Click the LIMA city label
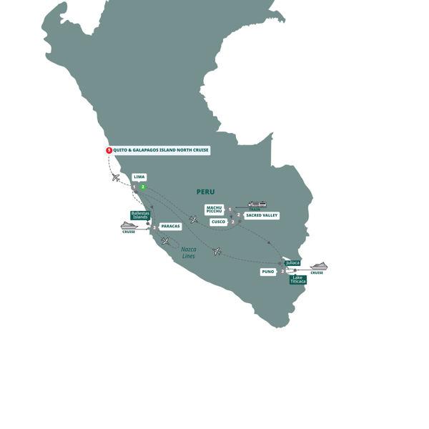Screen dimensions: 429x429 (139, 177)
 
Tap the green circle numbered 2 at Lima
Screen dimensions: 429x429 (143, 187)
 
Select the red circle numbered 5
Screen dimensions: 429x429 (109, 150)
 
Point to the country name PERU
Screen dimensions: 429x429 (205, 192)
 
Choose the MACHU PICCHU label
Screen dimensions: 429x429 (214, 209)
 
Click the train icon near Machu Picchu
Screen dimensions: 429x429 (256, 204)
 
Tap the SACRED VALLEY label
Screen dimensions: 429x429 (261, 215)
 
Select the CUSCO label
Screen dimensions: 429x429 (218, 222)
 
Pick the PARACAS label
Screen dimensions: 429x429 (170, 226)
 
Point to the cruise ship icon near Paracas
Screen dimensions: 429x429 (129, 225)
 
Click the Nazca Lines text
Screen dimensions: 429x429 (189, 252)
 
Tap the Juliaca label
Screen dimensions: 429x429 (292, 263)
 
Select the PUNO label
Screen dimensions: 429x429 (268, 272)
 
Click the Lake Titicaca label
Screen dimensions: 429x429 (298, 280)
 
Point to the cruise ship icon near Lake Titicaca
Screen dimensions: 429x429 (318, 266)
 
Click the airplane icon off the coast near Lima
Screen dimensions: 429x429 (116, 177)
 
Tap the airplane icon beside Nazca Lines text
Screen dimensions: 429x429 (166, 241)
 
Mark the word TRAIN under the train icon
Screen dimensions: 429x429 (255, 209)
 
